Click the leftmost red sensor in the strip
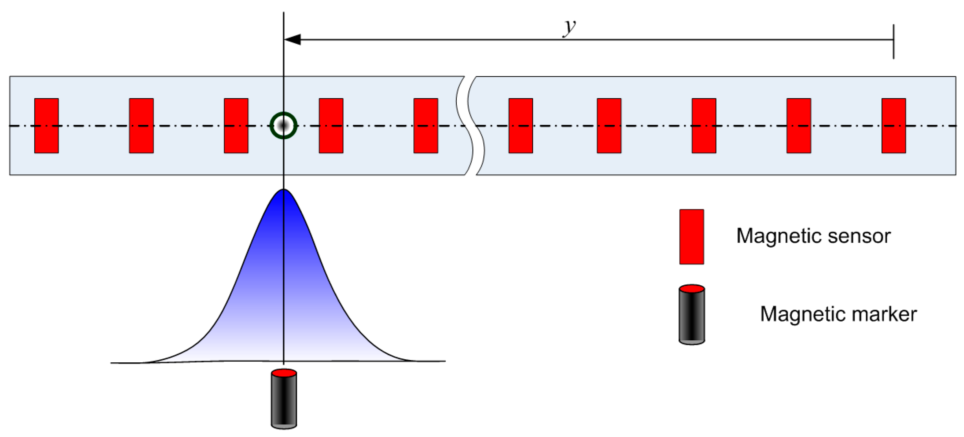point(46,126)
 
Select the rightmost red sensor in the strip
point(893,126)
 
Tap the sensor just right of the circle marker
point(331,126)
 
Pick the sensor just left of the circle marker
point(236,126)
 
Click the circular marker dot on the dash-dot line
point(283,126)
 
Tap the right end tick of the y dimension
point(893,41)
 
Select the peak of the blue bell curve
point(284,191)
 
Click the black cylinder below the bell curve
point(284,401)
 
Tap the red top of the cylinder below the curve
point(284,373)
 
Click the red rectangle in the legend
point(691,237)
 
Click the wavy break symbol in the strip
point(470,126)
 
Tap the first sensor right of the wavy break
point(520,126)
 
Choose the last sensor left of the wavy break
point(426,126)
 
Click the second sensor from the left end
point(141,126)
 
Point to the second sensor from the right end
point(798,126)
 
